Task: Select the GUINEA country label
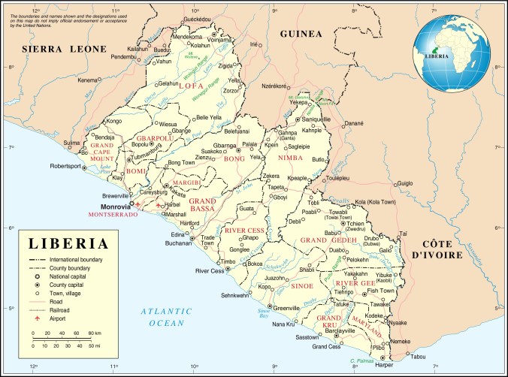(300, 34)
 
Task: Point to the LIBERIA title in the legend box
(68, 244)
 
